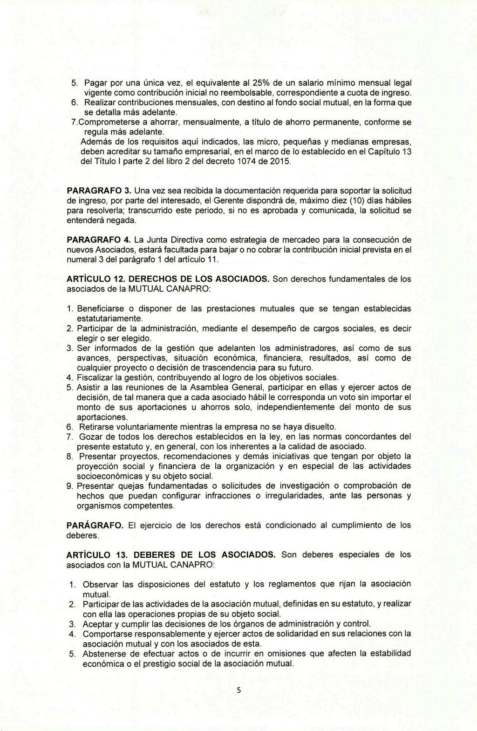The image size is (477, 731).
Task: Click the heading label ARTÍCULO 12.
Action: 95,279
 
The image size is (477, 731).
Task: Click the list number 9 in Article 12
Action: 70,486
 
